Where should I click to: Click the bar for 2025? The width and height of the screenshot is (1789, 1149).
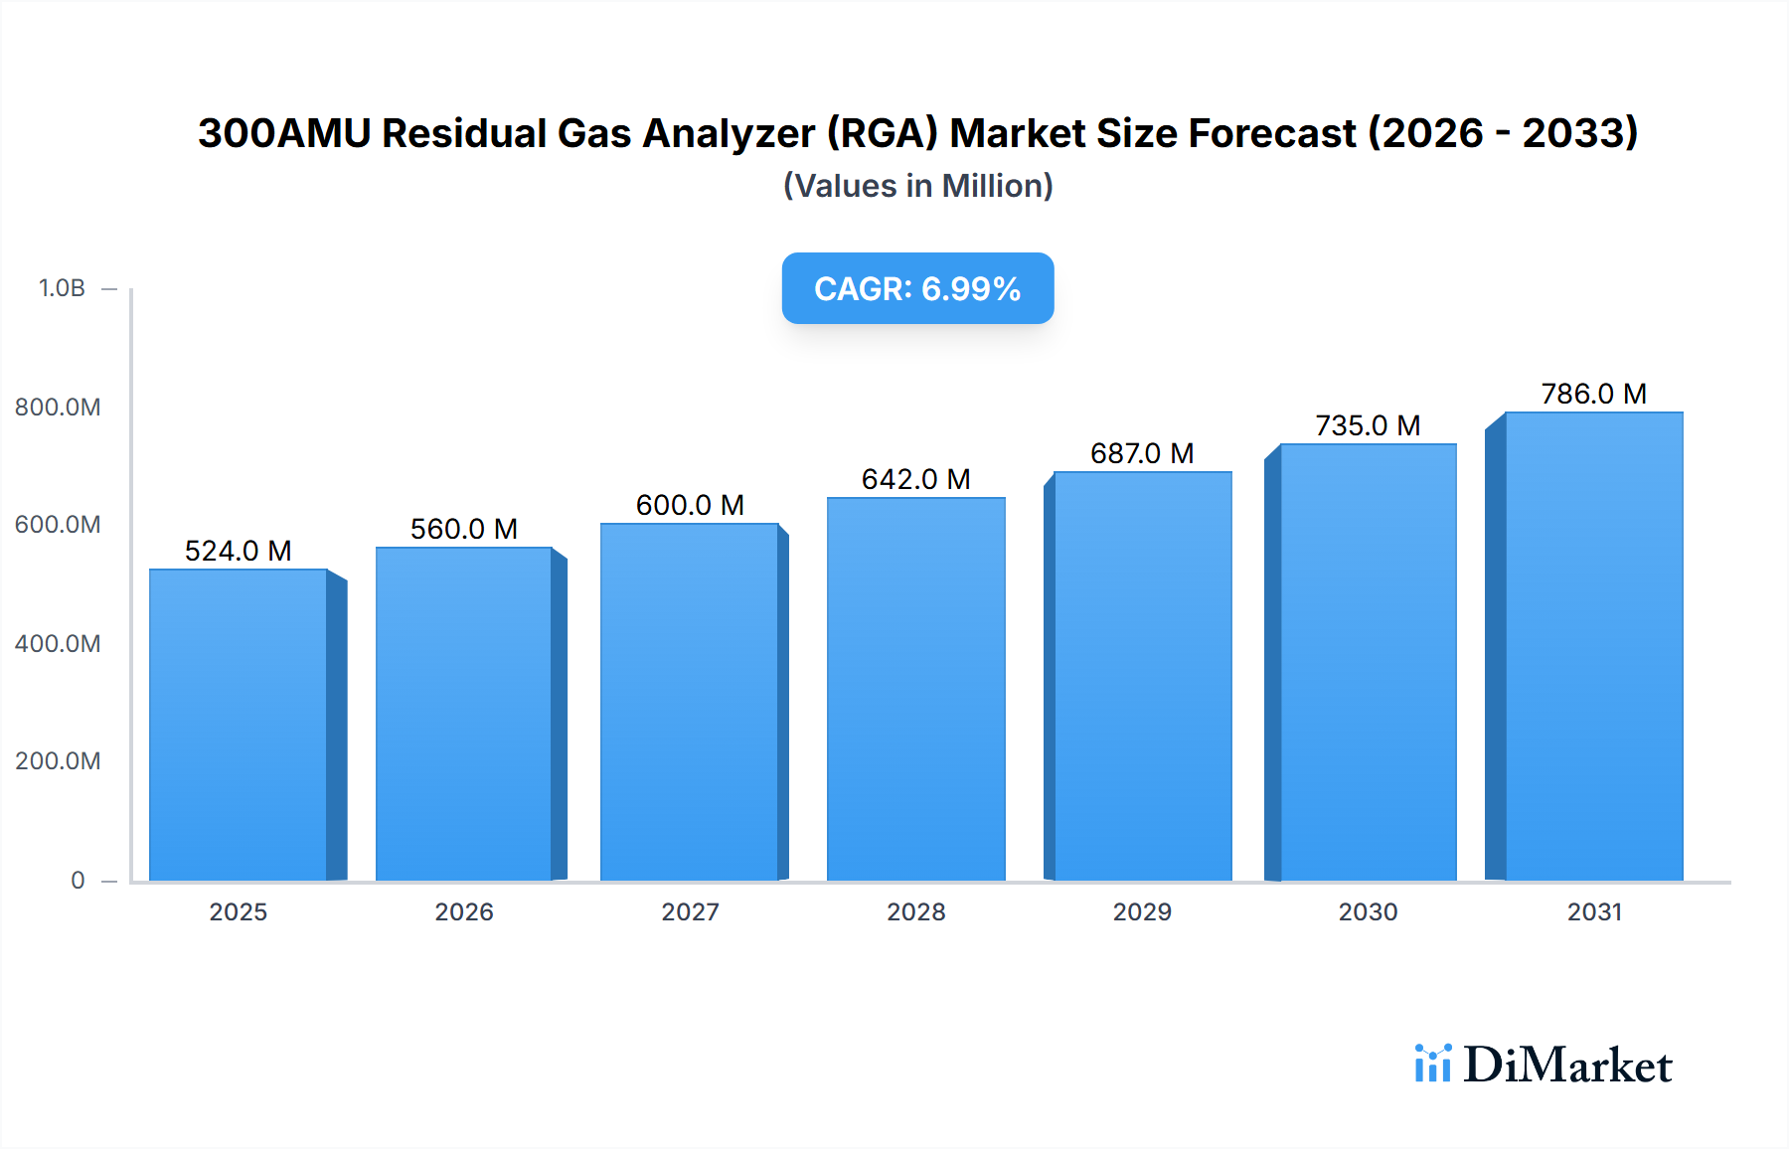(x=239, y=726)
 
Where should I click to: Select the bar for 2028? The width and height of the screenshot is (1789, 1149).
(x=915, y=690)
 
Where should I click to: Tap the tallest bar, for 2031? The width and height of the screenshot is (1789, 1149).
(x=1593, y=646)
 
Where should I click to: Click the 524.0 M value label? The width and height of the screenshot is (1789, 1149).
(x=239, y=551)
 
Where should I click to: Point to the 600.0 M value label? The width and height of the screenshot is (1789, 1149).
(x=690, y=505)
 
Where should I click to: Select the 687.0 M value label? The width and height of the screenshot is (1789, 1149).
(x=1142, y=453)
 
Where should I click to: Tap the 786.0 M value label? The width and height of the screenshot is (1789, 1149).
(x=1593, y=394)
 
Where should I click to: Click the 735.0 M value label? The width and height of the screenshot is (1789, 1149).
(x=1368, y=425)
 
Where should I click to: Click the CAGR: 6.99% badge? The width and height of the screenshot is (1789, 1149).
(x=917, y=288)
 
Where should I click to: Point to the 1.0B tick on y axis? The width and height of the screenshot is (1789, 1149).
(x=62, y=288)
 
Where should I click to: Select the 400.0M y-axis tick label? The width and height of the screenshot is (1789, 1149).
(x=58, y=643)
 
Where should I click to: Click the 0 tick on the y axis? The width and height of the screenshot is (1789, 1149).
(x=78, y=880)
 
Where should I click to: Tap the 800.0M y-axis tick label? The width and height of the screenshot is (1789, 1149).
(x=58, y=407)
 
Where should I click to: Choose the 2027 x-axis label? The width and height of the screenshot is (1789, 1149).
(x=690, y=911)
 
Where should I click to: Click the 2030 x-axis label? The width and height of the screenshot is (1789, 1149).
(x=1368, y=911)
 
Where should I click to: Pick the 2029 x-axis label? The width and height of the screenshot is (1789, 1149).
(x=1142, y=911)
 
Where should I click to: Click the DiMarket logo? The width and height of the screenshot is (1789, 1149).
(x=1544, y=1065)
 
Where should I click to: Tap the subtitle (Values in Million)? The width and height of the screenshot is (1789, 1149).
(x=917, y=186)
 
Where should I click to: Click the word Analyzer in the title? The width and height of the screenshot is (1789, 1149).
(x=731, y=133)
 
